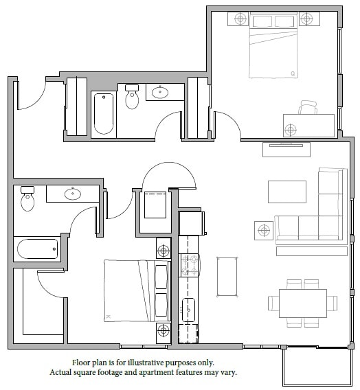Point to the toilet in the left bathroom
point(27,198)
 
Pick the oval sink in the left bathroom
point(72,194)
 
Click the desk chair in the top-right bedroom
point(308,108)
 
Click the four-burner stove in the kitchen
point(188,264)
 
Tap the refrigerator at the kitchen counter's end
point(191,223)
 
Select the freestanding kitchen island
point(227,277)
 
